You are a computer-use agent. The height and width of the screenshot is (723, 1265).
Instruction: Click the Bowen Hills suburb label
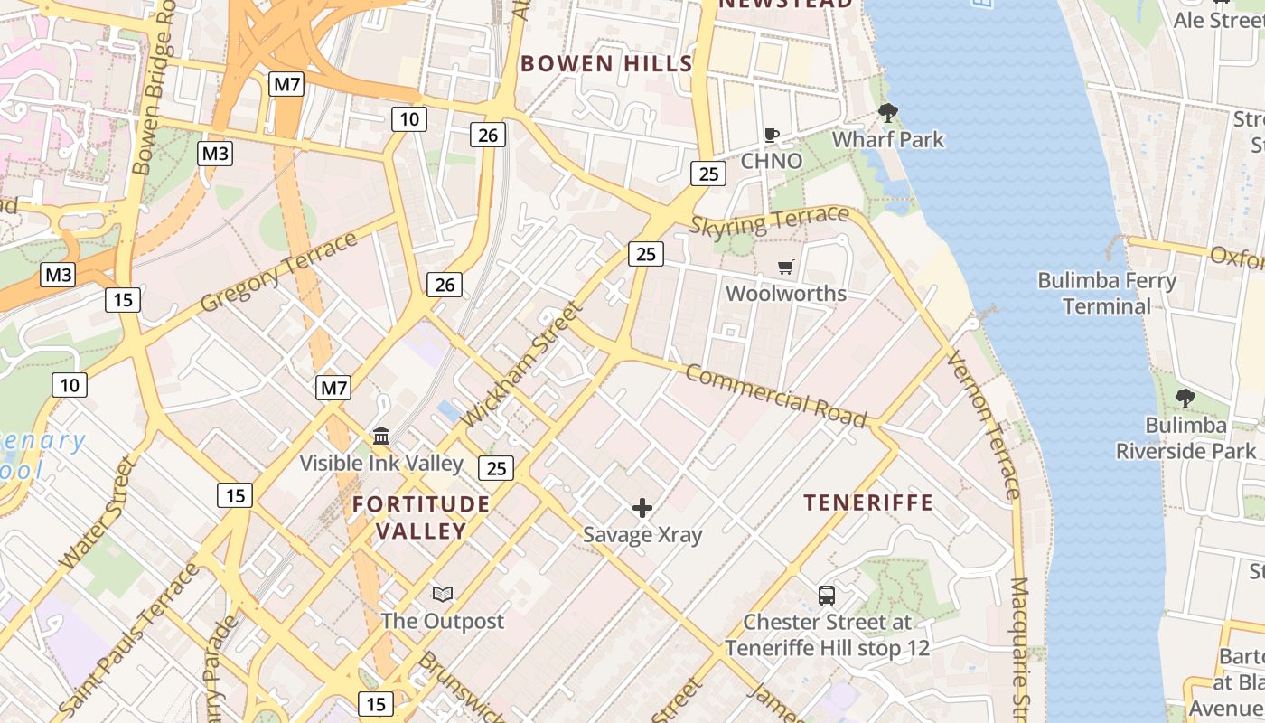click(606, 64)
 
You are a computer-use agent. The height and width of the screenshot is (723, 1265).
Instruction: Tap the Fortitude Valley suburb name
click(421, 518)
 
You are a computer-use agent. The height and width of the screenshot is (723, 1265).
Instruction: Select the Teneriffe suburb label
click(868, 503)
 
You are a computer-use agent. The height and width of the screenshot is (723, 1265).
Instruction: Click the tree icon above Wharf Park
click(887, 113)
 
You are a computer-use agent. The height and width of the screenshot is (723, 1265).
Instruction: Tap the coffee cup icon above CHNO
click(771, 136)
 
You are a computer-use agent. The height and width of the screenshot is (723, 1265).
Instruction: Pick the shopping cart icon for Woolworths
click(786, 268)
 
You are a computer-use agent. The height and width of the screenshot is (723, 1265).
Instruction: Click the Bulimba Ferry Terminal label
click(1106, 294)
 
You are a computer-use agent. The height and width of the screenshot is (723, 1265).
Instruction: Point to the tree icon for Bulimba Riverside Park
click(1185, 399)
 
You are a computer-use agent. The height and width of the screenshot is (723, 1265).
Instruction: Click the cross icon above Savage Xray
click(642, 508)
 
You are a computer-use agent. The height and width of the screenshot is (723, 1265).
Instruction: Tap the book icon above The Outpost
click(442, 594)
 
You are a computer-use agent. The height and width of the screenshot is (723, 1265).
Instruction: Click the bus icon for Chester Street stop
click(826, 596)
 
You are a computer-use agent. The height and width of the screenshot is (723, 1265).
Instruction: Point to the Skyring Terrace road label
click(769, 221)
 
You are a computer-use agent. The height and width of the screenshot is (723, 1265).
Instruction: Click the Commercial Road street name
click(775, 395)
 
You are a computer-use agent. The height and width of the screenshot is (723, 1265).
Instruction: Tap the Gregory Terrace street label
click(279, 272)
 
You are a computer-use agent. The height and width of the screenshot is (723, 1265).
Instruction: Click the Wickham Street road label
click(522, 364)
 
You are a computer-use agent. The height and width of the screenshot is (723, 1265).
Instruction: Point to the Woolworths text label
click(786, 294)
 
